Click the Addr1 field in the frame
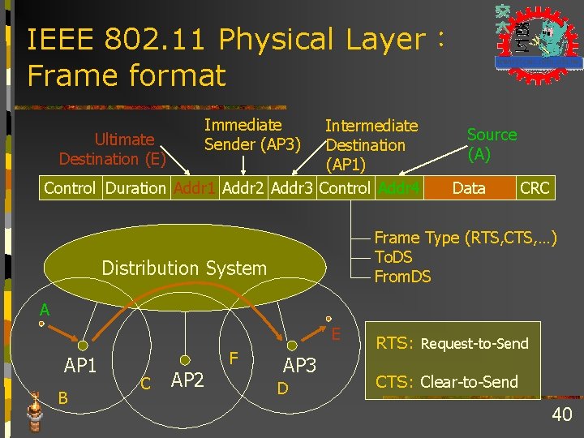(195, 189)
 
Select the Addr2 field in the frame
(243, 189)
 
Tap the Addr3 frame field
(293, 189)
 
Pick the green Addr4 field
(398, 189)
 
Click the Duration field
(135, 189)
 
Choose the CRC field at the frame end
(535, 189)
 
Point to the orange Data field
(469, 189)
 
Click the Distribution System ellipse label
(184, 268)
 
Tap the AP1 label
(80, 366)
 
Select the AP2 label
(187, 380)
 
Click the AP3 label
(299, 366)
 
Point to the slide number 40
(561, 416)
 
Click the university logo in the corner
(538, 38)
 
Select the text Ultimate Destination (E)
(113, 149)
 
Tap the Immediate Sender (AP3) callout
(252, 135)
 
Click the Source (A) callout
(492, 144)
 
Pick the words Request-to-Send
(474, 344)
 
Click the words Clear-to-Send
(469, 382)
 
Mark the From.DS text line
(402, 277)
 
